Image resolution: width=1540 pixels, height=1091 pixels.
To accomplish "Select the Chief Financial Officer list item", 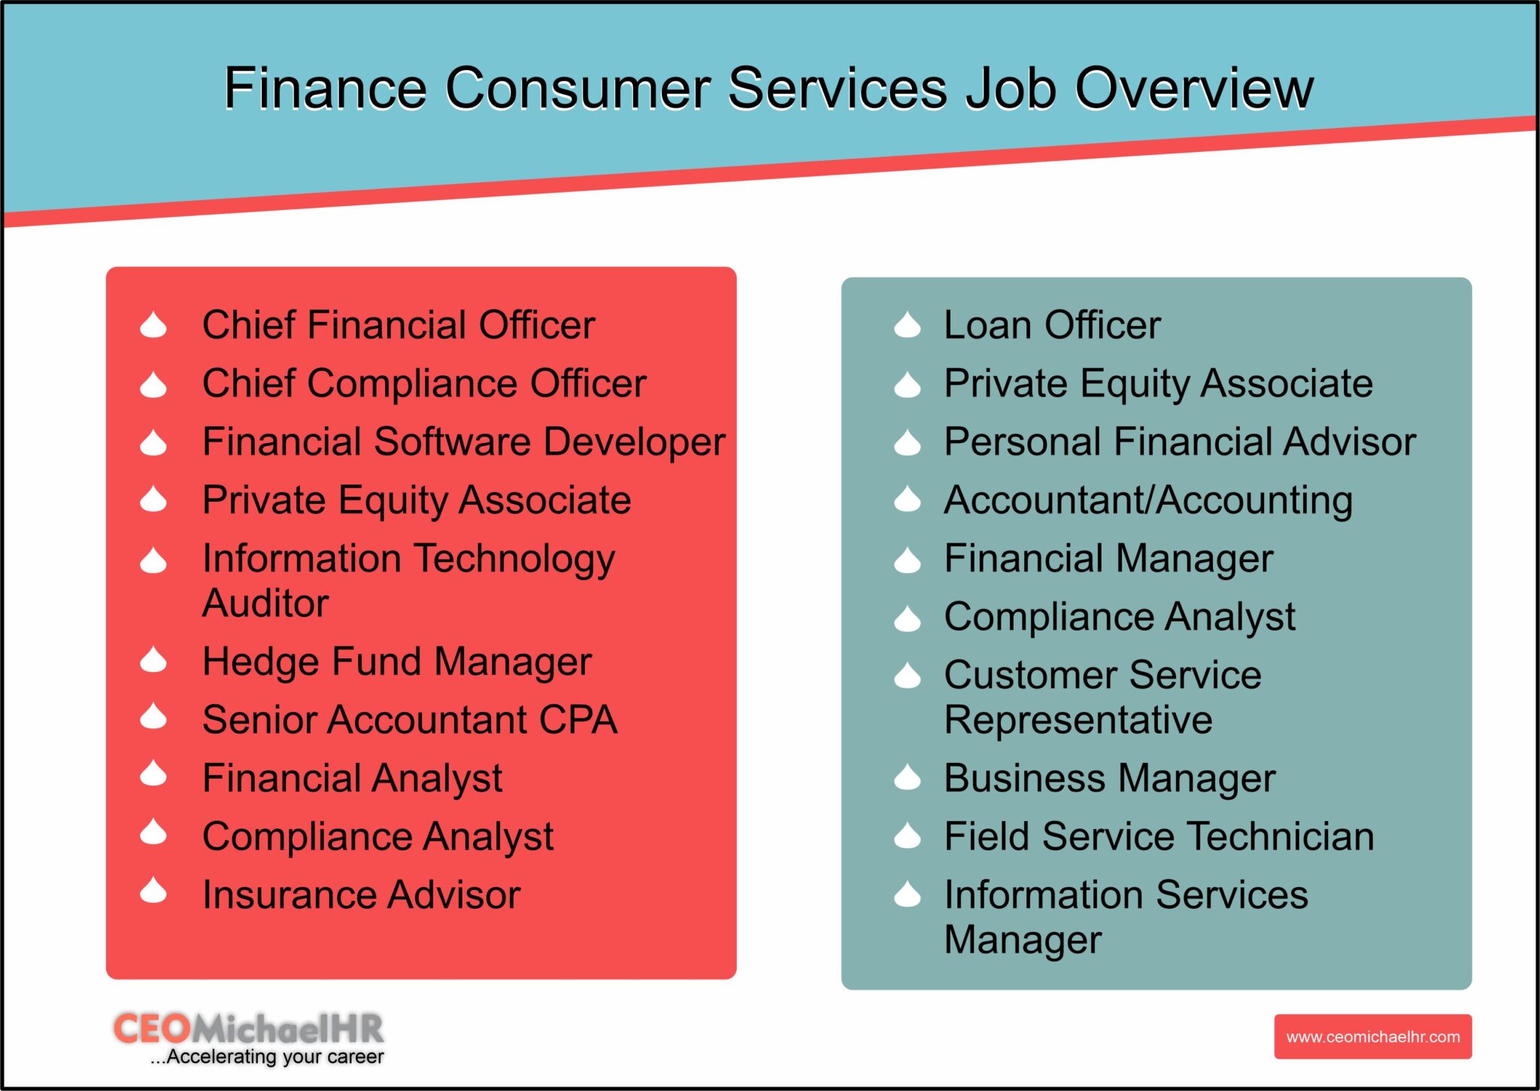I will tap(399, 325).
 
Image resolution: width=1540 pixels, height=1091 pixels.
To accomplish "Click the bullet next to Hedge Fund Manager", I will tap(153, 660).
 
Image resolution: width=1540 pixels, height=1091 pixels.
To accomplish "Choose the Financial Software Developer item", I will tap(463, 442).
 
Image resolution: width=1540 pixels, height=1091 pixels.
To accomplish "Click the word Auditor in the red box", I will tap(265, 603).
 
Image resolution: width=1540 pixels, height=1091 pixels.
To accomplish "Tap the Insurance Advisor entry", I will tap(361, 895).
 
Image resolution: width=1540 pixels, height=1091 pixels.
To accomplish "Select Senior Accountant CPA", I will tap(410, 720).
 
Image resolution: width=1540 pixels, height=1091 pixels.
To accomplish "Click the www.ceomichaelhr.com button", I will tap(1372, 1037).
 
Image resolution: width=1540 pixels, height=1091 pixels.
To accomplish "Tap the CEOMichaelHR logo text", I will tap(248, 1029).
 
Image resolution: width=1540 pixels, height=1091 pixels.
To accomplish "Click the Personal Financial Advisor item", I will tap(1179, 442).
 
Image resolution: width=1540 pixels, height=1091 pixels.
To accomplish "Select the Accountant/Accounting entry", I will tap(1147, 500).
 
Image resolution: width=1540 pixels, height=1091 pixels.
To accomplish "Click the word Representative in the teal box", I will tap(1078, 720).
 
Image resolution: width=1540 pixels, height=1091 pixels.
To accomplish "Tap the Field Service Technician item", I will tap(1158, 837).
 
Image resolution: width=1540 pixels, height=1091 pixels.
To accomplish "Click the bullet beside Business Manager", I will tap(908, 777).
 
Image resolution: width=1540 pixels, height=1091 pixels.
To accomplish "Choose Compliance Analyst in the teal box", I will tap(1119, 617).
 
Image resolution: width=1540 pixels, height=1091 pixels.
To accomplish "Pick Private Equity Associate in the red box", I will tap(416, 500).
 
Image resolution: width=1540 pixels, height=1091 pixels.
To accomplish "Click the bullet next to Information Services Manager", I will tap(908, 895).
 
